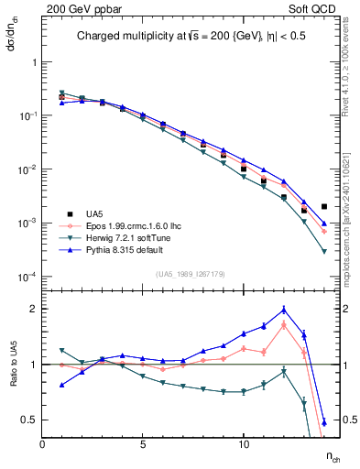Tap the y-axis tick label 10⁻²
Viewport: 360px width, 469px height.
[x=28, y=170]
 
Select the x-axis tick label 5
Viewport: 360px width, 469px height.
[x=143, y=443]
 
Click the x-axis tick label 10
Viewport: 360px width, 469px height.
[x=244, y=443]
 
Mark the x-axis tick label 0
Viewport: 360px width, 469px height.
[x=42, y=443]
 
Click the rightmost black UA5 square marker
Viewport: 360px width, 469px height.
[x=324, y=207]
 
